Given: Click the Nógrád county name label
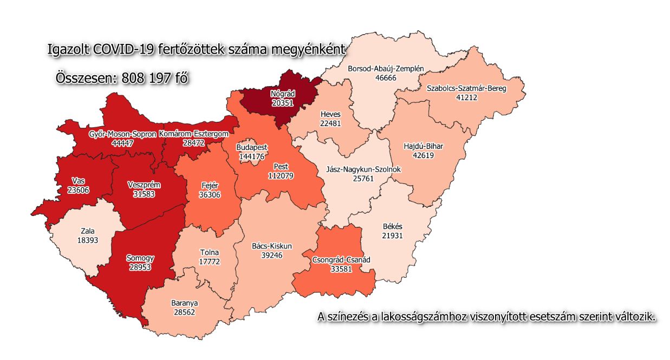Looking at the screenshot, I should coord(282,93).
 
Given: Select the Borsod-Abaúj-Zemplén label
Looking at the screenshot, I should coord(385,69).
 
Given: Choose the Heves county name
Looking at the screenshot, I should coord(330,115).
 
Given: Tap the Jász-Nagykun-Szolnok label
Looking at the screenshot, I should coord(363,169).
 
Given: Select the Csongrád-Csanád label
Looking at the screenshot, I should coord(341,260).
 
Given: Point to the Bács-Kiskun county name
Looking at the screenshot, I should coord(272,246).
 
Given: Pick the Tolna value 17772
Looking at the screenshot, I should coord(209,263).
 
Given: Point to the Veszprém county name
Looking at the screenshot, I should coord(144,185).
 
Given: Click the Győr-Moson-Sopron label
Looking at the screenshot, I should coord(122,133).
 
